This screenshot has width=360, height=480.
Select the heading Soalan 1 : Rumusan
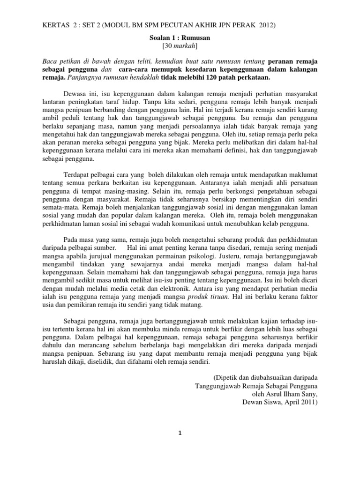pos(180,37)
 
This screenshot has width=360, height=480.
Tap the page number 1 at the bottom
pos(180,434)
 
